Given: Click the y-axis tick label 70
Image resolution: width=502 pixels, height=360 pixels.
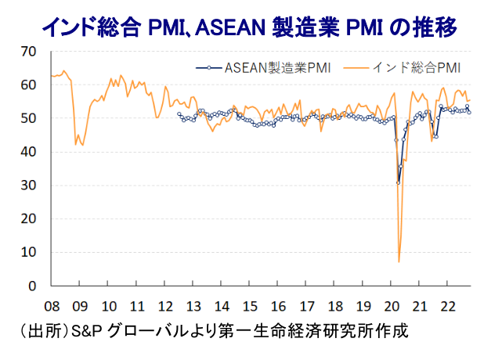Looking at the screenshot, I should (29, 52).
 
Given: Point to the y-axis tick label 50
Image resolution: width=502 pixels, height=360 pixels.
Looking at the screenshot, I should (29, 118).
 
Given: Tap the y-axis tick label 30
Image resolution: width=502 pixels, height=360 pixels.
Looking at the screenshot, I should (29, 185).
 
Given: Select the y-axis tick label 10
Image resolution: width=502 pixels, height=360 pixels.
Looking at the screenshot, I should (29, 253).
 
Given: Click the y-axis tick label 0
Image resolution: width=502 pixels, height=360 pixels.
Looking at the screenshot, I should (33, 286).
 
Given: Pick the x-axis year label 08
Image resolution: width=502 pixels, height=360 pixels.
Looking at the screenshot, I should (52, 305).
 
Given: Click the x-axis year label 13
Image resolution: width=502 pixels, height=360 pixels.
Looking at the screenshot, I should (193, 305).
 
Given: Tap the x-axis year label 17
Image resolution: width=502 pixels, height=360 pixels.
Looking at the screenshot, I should (307, 305).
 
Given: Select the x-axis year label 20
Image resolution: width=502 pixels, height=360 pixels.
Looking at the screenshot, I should (392, 305).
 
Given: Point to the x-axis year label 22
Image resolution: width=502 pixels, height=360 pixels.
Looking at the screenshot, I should (448, 305).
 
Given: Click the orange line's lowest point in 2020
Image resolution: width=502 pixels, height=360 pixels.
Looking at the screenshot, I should (399, 261).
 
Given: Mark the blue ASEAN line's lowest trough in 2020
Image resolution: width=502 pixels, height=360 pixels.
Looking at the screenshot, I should (399, 182).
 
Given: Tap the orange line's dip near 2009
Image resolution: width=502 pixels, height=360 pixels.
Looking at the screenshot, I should (76, 144).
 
